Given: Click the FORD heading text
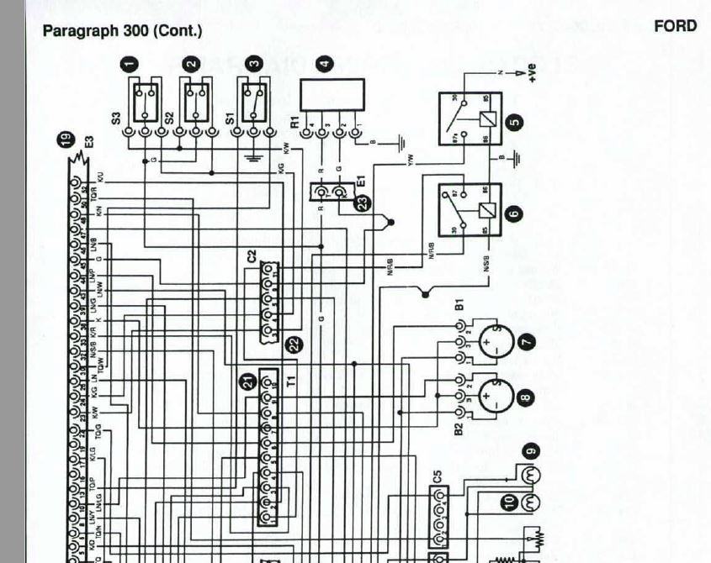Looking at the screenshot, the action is (675, 26).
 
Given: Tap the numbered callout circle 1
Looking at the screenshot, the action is (129, 64).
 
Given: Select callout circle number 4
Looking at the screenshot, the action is (324, 64).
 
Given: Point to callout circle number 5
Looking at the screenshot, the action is (515, 122).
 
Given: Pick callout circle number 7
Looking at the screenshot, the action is (528, 341).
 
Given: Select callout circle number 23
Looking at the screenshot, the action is (363, 202).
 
